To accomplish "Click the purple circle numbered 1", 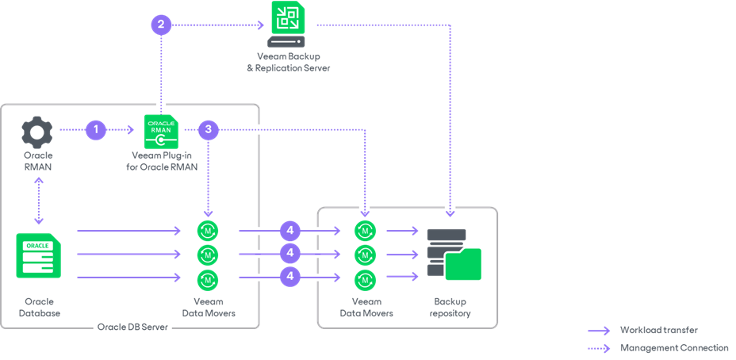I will pyautogui.click(x=96, y=129).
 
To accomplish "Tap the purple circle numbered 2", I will pyautogui.click(x=161, y=25).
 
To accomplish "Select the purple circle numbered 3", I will pyautogui.click(x=208, y=129).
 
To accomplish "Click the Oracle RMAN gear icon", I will pyautogui.click(x=37, y=131).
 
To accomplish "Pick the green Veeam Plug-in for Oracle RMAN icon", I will pyautogui.click(x=161, y=131).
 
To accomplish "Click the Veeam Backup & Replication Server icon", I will pyautogui.click(x=287, y=25).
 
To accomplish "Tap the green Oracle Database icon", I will pyautogui.click(x=38, y=255).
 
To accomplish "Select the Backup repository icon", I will pyautogui.click(x=454, y=254).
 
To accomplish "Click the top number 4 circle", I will pyautogui.click(x=290, y=231).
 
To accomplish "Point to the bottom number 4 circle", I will pyautogui.click(x=290, y=278).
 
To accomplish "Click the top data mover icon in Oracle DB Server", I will pyautogui.click(x=208, y=231).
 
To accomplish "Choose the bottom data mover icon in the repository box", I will pyautogui.click(x=366, y=279).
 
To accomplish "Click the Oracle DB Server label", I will pyautogui.click(x=132, y=327).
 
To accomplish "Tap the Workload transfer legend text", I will pyautogui.click(x=659, y=330).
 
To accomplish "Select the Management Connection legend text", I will pyautogui.click(x=674, y=347).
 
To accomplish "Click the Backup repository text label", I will pyautogui.click(x=450, y=307).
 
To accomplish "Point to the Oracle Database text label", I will pyautogui.click(x=39, y=307).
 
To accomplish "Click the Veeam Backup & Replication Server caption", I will pyautogui.click(x=288, y=62).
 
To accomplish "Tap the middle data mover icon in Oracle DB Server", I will pyautogui.click(x=208, y=255).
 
